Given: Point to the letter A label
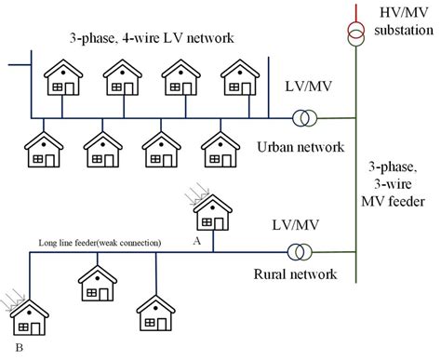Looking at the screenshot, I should click(195, 237).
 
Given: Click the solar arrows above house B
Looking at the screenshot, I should click(11, 297).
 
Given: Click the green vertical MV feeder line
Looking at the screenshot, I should click(354, 186).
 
